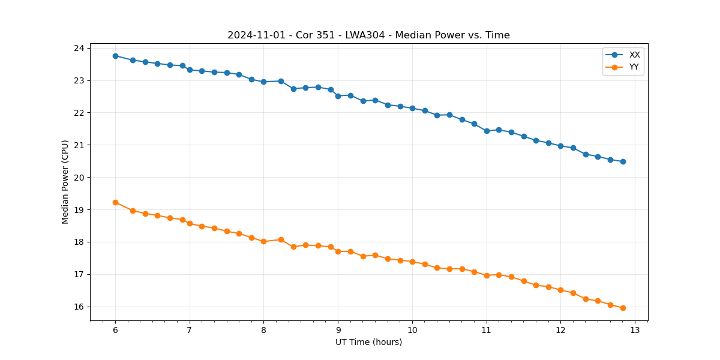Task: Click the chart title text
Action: point(368,35)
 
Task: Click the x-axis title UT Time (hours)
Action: point(368,342)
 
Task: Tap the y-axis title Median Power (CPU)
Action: point(65,182)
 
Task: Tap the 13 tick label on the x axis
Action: point(635,331)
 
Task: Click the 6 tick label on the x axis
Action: point(115,331)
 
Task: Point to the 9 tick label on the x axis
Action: point(338,331)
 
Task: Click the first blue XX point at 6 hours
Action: point(115,56)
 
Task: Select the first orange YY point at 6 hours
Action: point(115,202)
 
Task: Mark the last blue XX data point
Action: point(623,161)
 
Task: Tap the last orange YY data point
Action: point(623,308)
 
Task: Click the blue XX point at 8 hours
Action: point(263,82)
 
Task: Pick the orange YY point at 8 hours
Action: point(263,241)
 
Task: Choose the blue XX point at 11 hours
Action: point(487,131)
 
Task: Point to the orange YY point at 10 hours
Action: point(412,262)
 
